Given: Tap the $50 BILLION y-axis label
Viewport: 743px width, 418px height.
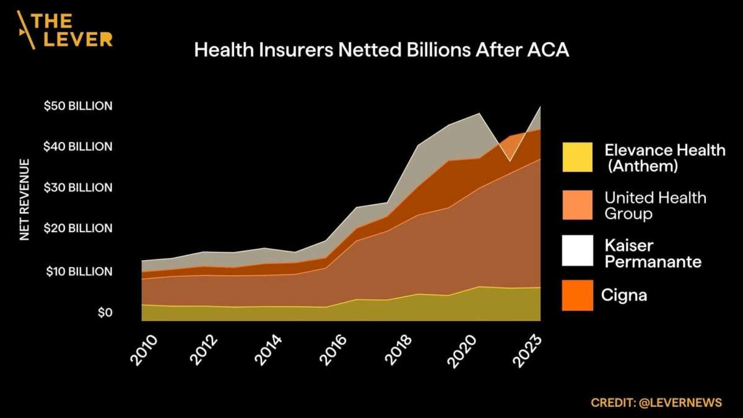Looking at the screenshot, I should (78, 106).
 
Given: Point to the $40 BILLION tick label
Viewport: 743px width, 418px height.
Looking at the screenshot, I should (78, 147).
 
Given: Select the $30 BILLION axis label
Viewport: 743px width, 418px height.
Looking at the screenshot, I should (78, 188).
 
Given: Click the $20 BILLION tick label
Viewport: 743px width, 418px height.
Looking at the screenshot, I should (78, 229).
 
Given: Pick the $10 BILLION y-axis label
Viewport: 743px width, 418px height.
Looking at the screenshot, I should (79, 272).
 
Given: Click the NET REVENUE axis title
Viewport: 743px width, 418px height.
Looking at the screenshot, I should (25, 200).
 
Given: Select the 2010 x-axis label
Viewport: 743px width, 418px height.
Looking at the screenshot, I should (144, 351).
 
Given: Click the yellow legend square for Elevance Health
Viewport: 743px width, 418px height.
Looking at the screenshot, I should (577, 157).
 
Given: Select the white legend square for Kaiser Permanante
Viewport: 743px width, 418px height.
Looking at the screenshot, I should (577, 251).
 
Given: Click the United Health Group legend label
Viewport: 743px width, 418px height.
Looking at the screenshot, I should (655, 206).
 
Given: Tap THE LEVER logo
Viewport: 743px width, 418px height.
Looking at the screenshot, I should (65, 30).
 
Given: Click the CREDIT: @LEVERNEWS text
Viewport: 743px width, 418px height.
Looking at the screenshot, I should (656, 403).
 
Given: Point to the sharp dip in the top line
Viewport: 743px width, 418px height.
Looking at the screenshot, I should (510, 161).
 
